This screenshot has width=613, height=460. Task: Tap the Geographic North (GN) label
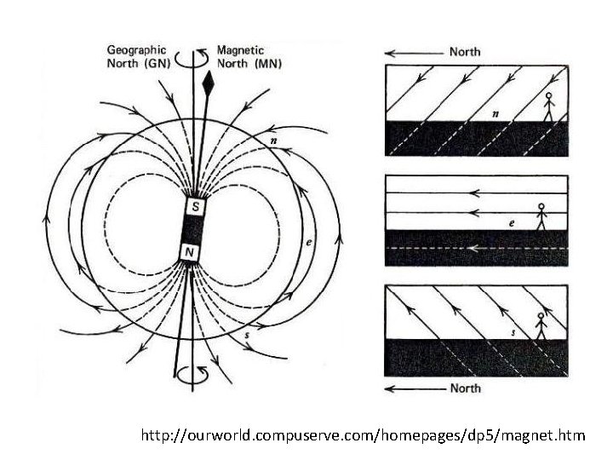click(136, 56)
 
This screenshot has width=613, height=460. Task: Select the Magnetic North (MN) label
click(249, 56)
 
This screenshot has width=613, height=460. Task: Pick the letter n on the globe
click(272, 140)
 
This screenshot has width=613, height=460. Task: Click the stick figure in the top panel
click(549, 106)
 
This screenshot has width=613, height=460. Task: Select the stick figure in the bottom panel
click(539, 325)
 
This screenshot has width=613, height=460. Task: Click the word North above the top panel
click(466, 51)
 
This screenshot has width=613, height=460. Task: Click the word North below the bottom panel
click(465, 388)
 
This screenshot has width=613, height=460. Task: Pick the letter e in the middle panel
click(511, 222)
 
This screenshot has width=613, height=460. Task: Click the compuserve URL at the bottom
click(364, 435)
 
